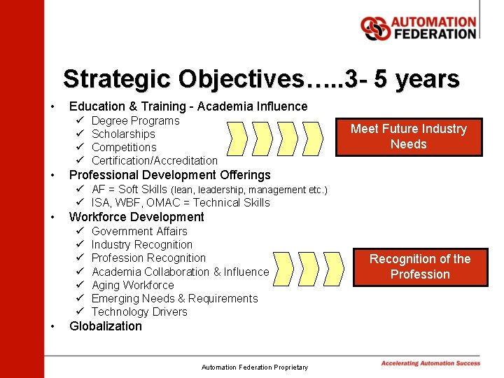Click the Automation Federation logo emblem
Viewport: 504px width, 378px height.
pyautogui.click(x=375, y=28)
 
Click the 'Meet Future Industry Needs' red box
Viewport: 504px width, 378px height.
pyautogui.click(x=408, y=136)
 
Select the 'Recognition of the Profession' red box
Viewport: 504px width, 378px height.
pyautogui.click(x=420, y=267)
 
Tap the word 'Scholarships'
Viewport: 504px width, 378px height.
pyautogui.click(x=123, y=134)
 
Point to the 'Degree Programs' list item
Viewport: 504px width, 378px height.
pyautogui.click(x=135, y=120)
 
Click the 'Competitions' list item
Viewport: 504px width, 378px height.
pyautogui.click(x=124, y=147)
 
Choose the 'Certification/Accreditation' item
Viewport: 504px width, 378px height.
pyautogui.click(x=154, y=160)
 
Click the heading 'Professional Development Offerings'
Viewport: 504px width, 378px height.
pyautogui.click(x=169, y=174)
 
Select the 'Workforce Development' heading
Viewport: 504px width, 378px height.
pyautogui.click(x=136, y=217)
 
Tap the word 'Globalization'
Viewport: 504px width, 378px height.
pyautogui.click(x=105, y=326)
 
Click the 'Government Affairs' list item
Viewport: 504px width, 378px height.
pyautogui.click(x=139, y=231)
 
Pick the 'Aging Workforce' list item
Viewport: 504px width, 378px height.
pyautogui.click(x=132, y=285)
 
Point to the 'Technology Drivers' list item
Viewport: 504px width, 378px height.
pyautogui.click(x=139, y=311)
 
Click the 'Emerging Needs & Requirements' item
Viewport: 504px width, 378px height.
pyautogui.click(x=174, y=298)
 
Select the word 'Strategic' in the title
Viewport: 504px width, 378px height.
pyautogui.click(x=116, y=78)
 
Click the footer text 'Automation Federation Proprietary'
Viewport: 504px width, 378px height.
pyautogui.click(x=254, y=367)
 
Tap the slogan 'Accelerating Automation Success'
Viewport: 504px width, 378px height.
pyautogui.click(x=430, y=363)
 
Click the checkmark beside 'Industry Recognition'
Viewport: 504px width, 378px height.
pyautogui.click(x=80, y=244)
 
